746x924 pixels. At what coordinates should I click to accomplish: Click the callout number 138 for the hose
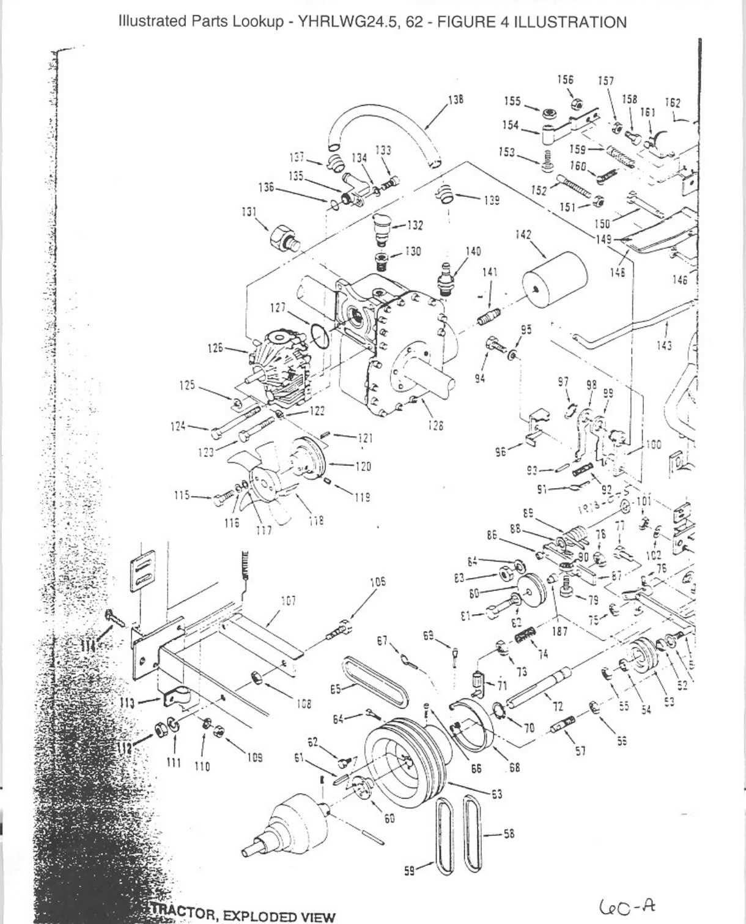[x=456, y=99]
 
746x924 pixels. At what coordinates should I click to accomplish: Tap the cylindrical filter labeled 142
[x=554, y=279]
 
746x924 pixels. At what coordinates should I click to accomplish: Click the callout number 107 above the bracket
[x=288, y=601]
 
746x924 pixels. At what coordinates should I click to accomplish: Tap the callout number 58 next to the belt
[x=509, y=833]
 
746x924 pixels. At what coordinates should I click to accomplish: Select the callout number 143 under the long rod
[x=663, y=346]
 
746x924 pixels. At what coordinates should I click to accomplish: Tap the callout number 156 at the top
[x=566, y=79]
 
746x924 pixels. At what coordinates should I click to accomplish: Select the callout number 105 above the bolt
[x=379, y=582]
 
